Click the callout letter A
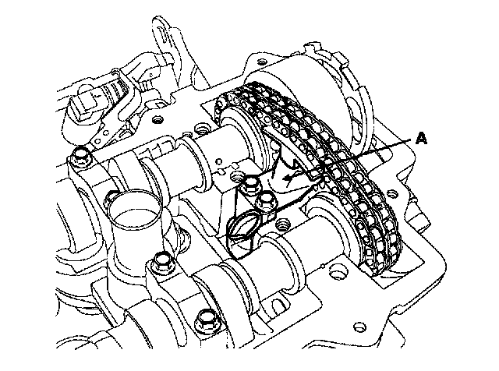(421, 139)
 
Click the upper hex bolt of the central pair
(249, 185)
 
